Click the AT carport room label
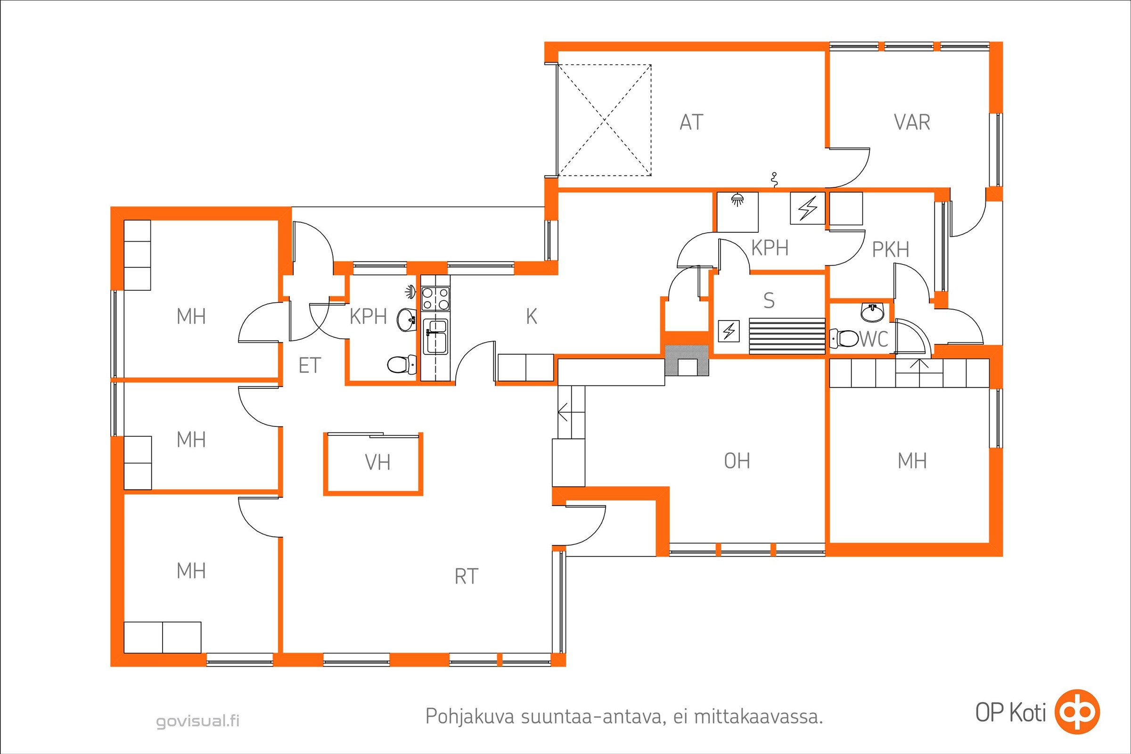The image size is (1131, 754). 691,122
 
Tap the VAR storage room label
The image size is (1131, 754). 912,122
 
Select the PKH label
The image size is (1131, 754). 891,250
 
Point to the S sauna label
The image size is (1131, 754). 769,301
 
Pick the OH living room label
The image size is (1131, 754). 737,461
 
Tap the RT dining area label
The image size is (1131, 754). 467,576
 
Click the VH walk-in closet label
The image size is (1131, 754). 377,463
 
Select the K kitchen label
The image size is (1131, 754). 532,316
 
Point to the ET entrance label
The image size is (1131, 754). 309,366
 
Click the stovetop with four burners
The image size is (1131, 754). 435,298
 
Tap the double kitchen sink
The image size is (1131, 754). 435,336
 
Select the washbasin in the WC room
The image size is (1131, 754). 872,312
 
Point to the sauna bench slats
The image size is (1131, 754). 787,336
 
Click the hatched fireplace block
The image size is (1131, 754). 687,361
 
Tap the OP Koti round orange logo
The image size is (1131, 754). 1077,712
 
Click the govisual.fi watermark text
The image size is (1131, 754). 197,721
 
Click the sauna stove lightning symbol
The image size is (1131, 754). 729,331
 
